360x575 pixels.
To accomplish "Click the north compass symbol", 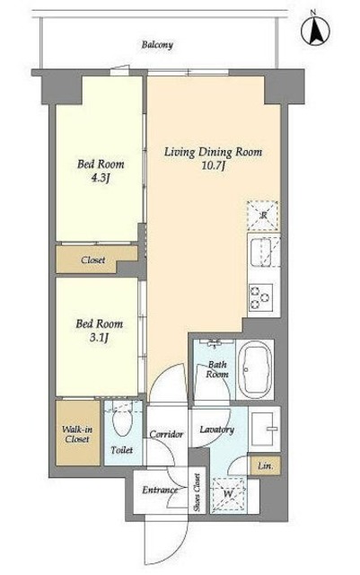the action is (315, 30).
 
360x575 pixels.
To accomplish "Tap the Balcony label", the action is (157, 45).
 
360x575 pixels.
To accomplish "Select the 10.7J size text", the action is (213, 165).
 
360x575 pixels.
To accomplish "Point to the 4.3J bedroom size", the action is (100, 178).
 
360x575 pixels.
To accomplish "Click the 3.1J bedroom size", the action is (99, 338).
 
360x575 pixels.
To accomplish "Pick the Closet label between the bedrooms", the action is (93, 260).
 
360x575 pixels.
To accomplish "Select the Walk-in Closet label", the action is (77, 434).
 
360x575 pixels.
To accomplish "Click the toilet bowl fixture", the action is (122, 421).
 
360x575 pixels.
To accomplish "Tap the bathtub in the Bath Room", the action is (255, 369).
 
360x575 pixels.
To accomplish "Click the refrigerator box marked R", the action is (263, 216).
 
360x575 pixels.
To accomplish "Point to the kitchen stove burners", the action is (260, 297).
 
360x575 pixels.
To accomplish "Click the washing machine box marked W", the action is (228, 494).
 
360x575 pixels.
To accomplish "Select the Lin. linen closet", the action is (266, 465).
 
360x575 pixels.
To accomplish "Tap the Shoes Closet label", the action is (197, 492).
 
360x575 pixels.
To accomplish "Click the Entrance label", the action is (160, 490).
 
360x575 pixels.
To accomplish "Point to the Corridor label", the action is (166, 435).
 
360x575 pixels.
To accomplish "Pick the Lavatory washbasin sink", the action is (264, 429).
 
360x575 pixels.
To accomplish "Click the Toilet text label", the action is (122, 449).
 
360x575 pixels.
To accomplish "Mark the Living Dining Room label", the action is (213, 152).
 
